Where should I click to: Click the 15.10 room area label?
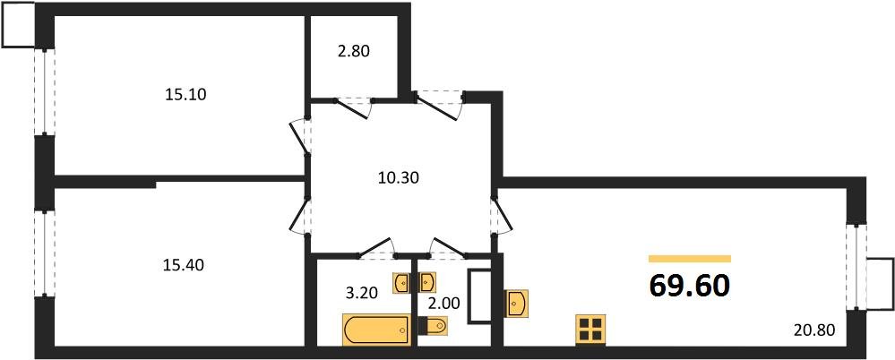(x=185, y=95)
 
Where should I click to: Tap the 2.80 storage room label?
(x=354, y=51)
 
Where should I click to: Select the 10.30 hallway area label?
(x=399, y=178)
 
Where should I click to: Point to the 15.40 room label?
(x=185, y=265)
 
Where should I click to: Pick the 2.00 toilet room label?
(x=443, y=303)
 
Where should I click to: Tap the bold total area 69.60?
(x=690, y=286)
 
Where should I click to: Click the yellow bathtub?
(x=376, y=330)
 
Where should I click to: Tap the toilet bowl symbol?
(x=434, y=326)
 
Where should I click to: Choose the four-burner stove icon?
(x=590, y=330)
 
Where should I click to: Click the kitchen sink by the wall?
(x=517, y=304)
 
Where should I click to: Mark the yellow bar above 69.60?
(x=690, y=259)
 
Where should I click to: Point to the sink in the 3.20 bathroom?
(x=402, y=283)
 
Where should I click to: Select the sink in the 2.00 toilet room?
(x=427, y=283)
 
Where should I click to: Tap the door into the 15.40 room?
(x=300, y=214)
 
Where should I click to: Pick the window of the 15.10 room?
(x=45, y=92)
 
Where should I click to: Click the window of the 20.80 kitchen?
(x=856, y=267)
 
